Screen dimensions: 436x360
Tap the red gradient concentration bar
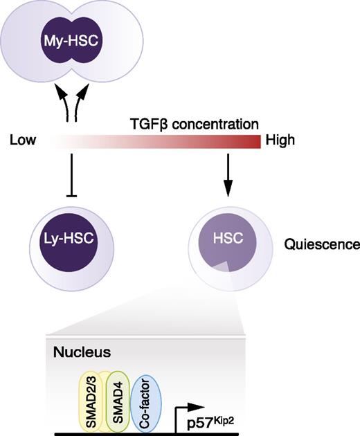[x=152, y=141]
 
